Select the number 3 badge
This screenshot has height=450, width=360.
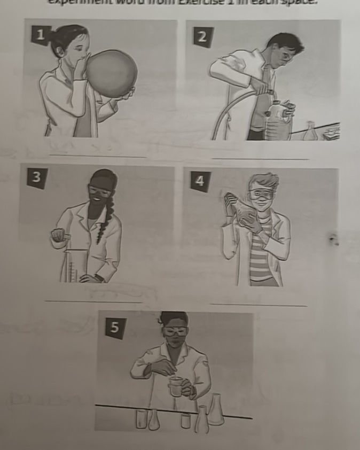[36, 178]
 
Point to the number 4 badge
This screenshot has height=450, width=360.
[199, 181]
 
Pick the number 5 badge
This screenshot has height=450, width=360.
[113, 328]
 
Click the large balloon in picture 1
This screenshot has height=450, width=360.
[111, 73]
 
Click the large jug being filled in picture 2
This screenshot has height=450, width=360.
[278, 123]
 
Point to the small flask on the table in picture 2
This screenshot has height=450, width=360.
[310, 132]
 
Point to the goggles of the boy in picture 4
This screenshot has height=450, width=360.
[260, 193]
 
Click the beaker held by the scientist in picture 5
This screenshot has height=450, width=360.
[175, 386]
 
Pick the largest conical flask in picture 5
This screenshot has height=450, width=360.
[215, 410]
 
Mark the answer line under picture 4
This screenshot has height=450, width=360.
[258, 305]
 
